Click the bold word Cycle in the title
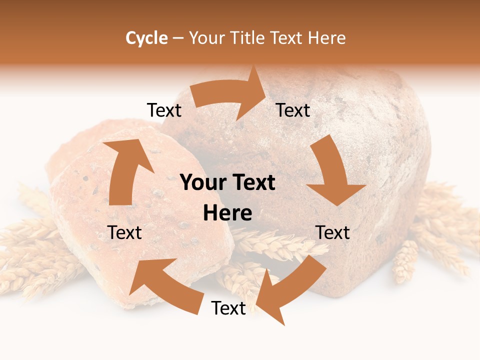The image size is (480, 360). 146,38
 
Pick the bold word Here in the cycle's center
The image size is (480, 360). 227,213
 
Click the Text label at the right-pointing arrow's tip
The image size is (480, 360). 293,110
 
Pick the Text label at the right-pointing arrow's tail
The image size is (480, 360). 164,110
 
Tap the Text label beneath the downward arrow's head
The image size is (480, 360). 332,232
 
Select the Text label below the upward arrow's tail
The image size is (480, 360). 124,232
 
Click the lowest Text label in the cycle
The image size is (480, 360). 228,308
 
